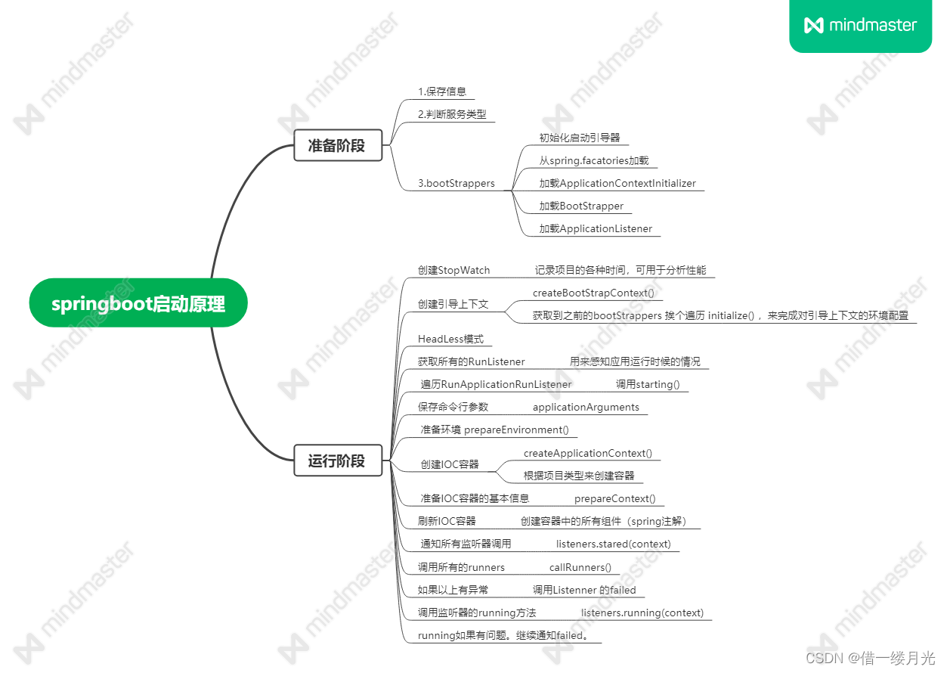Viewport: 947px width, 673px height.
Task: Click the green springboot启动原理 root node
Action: tap(138, 303)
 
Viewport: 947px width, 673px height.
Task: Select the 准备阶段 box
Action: tap(337, 145)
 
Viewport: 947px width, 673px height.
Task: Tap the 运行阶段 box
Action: tap(337, 461)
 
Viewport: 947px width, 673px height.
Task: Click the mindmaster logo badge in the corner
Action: tap(860, 25)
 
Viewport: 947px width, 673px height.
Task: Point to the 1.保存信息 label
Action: tap(442, 91)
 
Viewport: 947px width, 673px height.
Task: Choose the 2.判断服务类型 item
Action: tap(452, 115)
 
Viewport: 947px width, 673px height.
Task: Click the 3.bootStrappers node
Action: tap(456, 183)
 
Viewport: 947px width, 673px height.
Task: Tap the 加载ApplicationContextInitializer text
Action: tap(617, 183)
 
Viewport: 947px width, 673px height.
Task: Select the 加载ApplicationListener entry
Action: tap(596, 228)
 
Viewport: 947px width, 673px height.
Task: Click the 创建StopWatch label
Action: tap(454, 270)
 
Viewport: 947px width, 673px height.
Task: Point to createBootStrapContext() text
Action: tap(593, 293)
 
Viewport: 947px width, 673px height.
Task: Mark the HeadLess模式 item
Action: tap(450, 339)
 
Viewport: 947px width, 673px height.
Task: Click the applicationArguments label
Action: tap(586, 407)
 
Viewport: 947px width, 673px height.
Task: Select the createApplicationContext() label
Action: tap(588, 453)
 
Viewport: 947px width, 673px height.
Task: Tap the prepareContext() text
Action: tap(614, 498)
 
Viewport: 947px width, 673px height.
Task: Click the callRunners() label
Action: tap(580, 567)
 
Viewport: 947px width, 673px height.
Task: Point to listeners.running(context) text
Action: tap(642, 613)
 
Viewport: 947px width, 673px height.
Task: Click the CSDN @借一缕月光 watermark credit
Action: tap(871, 658)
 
